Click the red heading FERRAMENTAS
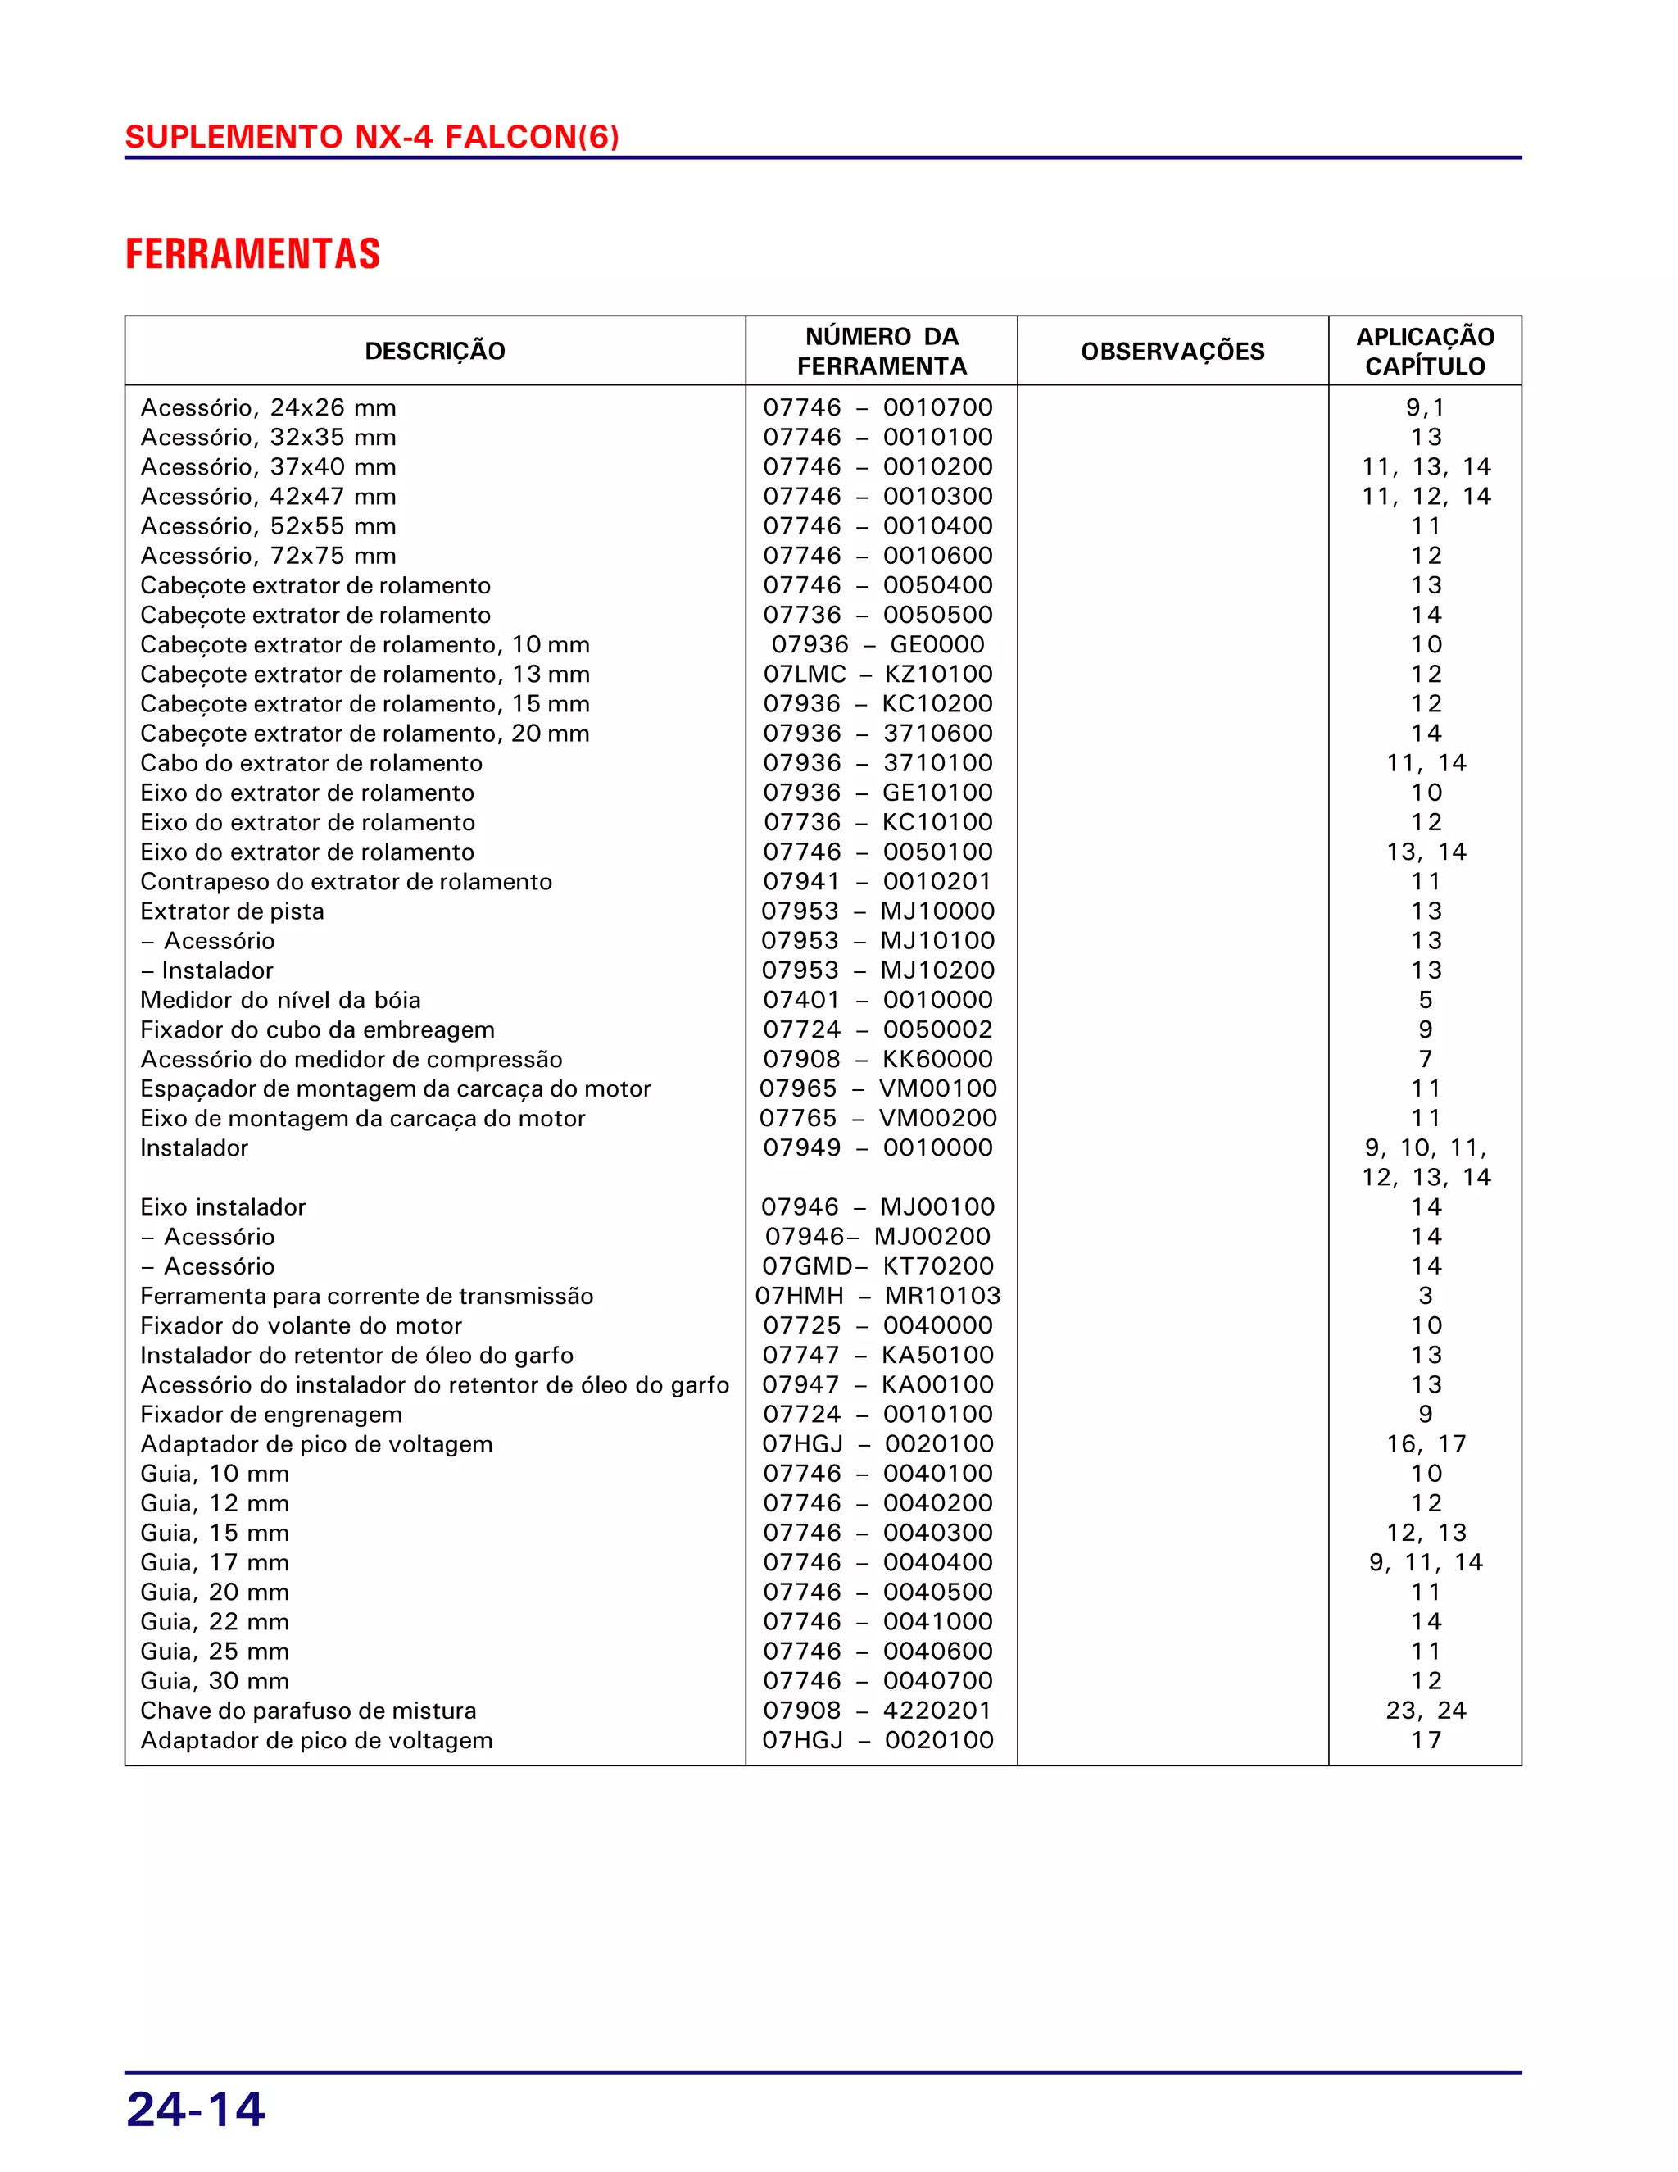(252, 255)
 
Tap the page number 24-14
(196, 2108)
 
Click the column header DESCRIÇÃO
(434, 351)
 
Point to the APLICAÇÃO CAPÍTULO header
(1425, 351)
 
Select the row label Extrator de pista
(232, 911)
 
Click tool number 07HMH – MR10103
(878, 1296)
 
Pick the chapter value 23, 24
(1426, 1711)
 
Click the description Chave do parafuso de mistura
(308, 1711)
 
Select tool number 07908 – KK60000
(878, 1059)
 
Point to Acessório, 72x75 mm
(269, 556)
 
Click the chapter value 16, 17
(1426, 1444)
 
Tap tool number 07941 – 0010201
(878, 881)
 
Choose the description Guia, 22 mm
(215, 1622)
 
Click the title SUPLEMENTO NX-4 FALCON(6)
(372, 136)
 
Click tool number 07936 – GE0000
(878, 644)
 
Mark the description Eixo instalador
(223, 1207)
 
